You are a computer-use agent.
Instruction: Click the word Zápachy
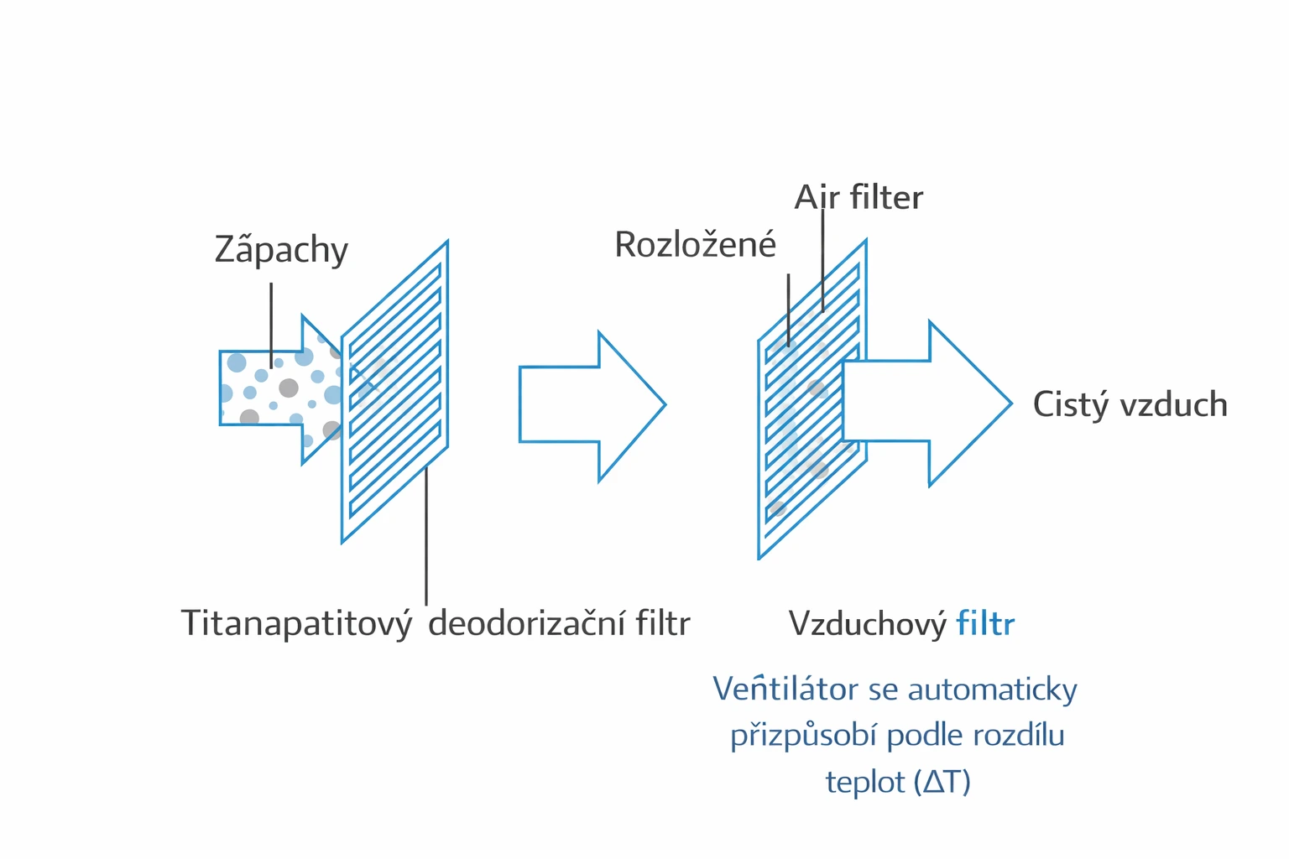coord(281,250)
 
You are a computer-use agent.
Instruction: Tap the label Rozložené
coord(695,245)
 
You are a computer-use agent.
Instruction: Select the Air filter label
coord(858,198)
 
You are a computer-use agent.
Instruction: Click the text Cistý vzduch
coord(1130,404)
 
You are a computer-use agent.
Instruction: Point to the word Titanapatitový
coord(296,624)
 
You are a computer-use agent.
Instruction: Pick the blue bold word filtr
coord(985,624)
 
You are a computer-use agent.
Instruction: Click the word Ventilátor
coord(785,690)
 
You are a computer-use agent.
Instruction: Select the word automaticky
coord(992,690)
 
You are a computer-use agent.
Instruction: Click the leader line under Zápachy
coord(271,323)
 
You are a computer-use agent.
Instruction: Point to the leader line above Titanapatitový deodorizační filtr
coord(426,537)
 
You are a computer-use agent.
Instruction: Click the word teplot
coord(864,782)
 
